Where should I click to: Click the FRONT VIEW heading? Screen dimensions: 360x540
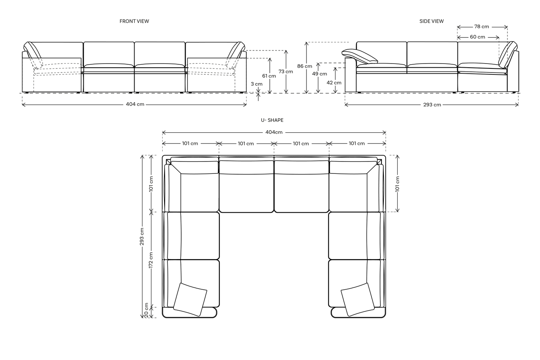point(134,21)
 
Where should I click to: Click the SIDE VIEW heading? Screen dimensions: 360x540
point(431,21)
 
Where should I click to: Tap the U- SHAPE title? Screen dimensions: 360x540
point(272,120)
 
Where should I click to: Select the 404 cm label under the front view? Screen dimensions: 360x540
point(135,104)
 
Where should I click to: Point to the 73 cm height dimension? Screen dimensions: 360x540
point(286,71)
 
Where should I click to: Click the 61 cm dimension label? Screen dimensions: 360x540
point(269,76)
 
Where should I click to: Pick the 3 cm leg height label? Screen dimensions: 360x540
point(256,84)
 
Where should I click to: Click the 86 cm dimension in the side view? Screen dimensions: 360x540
point(305,66)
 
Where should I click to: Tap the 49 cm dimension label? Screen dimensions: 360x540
point(320,74)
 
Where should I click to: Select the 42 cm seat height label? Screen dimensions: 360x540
point(334,83)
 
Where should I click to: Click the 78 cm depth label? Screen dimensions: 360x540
point(482,27)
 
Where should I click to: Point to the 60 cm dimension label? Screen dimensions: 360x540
point(478,37)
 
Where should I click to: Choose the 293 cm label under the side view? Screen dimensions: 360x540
point(432,105)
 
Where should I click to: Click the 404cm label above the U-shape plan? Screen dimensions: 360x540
point(274,132)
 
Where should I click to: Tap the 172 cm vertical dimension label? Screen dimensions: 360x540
point(151,260)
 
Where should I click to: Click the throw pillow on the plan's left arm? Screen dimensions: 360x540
point(191,299)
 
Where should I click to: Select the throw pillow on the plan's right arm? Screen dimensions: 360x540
point(358,299)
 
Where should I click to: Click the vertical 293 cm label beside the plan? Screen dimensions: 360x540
point(142,236)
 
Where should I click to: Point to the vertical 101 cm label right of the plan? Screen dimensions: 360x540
point(397,184)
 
